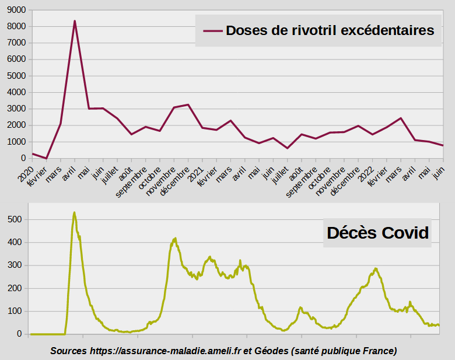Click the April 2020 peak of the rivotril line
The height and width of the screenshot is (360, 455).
(75, 21)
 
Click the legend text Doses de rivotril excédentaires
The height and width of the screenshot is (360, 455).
(330, 30)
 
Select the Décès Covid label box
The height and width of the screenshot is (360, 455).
(378, 233)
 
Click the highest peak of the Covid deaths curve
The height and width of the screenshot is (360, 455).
(74, 212)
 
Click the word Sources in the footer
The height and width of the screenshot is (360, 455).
(68, 351)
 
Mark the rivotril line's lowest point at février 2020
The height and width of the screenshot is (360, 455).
(46, 158)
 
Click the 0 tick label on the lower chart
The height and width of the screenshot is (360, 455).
(19, 334)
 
